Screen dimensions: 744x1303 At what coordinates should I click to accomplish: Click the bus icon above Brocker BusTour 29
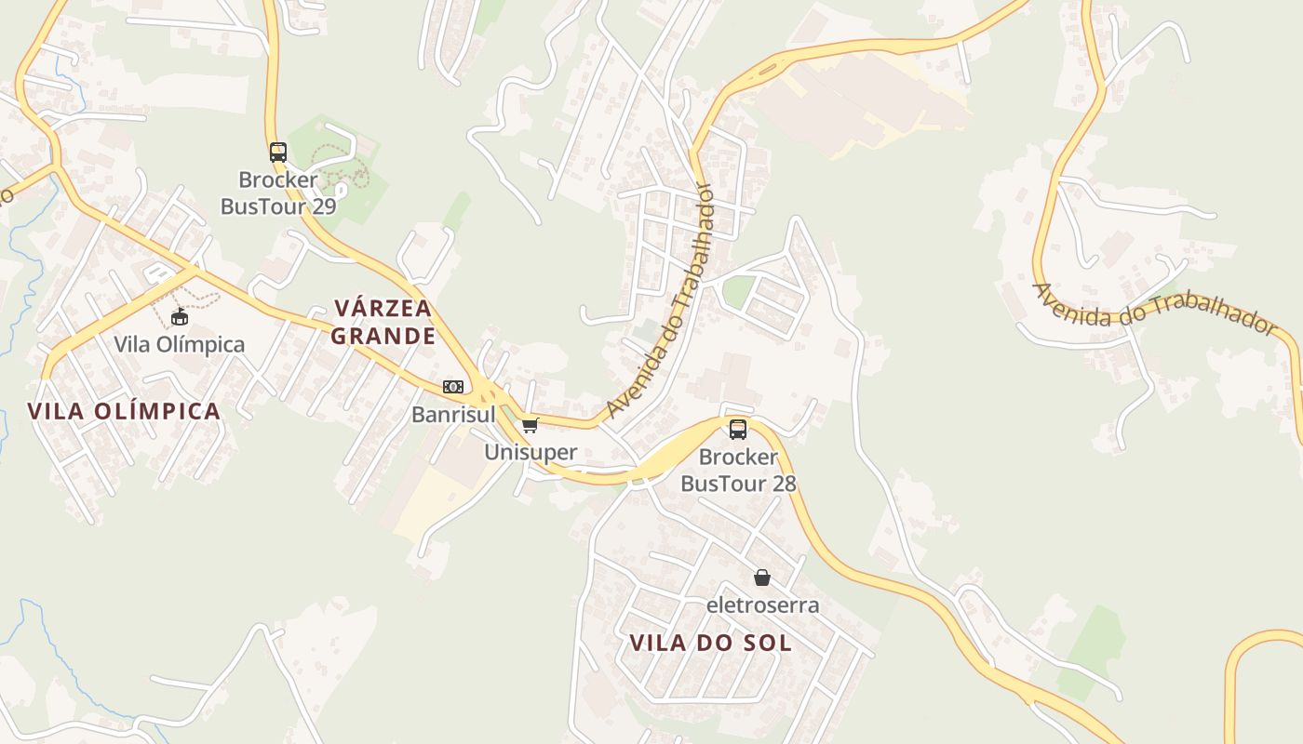(x=277, y=153)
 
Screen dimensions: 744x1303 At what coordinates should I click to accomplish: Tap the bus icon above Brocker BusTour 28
(x=738, y=430)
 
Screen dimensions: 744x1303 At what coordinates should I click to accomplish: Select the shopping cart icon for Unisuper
(x=530, y=426)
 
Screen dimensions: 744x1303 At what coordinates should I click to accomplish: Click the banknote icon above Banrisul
(x=453, y=387)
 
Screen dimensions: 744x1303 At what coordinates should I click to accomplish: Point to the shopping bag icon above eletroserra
(x=762, y=578)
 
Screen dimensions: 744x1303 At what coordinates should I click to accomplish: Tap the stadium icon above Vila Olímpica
(x=180, y=317)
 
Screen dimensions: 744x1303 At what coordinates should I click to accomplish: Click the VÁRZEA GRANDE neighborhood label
(x=383, y=322)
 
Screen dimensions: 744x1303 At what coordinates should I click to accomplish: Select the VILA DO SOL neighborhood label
(x=711, y=643)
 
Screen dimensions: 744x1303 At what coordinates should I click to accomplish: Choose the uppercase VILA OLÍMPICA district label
(x=124, y=411)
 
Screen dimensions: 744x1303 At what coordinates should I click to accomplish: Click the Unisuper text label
(x=531, y=453)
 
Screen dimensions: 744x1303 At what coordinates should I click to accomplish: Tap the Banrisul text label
(x=453, y=415)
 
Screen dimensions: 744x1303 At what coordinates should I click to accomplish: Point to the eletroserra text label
(x=762, y=605)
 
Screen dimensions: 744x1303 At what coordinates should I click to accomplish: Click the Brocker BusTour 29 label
(x=278, y=193)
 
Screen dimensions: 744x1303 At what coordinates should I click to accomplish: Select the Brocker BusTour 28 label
(x=738, y=470)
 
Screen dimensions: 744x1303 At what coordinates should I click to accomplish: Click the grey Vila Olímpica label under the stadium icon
(x=180, y=344)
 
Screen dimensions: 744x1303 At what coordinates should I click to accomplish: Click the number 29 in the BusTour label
(x=323, y=206)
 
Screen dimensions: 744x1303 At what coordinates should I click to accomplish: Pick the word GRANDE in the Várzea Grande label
(x=383, y=336)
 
